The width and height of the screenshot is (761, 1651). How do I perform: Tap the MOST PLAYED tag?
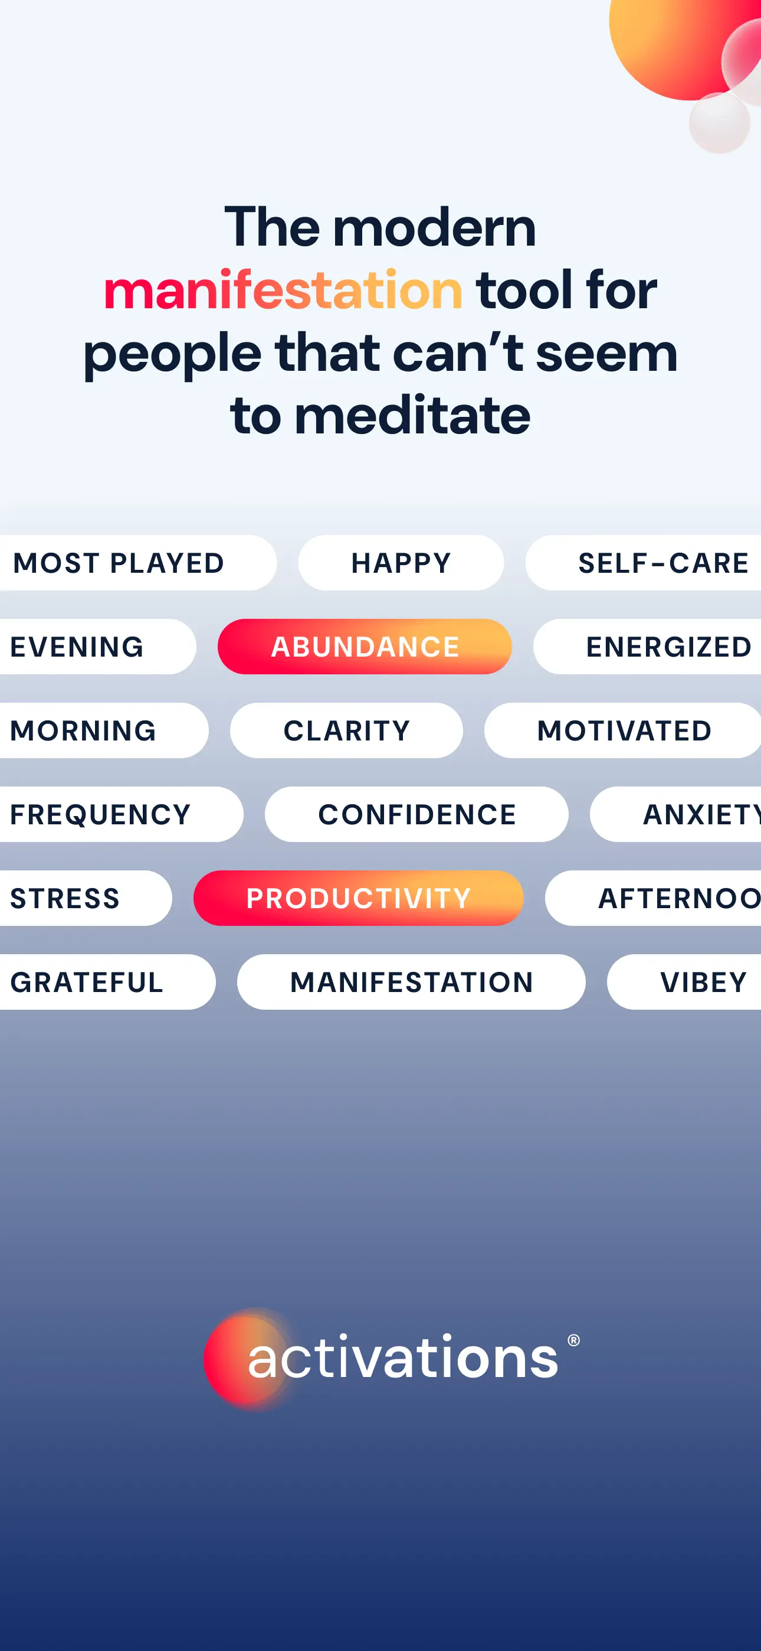tap(137, 563)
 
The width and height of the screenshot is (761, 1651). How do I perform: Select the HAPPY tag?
tap(401, 563)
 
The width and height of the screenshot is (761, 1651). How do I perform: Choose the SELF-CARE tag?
tap(644, 563)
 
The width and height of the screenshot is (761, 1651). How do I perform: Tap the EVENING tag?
tap(97, 647)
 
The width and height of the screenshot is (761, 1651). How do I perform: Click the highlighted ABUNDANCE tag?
tap(365, 647)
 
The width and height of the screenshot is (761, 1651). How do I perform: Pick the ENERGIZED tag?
tap(648, 647)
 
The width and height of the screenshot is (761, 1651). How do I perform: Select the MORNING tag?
tap(104, 730)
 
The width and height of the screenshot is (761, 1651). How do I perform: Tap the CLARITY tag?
tap(346, 730)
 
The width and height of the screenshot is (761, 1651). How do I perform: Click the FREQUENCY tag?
tap(121, 814)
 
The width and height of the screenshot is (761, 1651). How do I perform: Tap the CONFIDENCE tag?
tap(416, 814)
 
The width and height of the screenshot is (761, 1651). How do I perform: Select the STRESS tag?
tap(85, 898)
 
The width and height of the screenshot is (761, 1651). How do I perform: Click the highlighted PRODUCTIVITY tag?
tap(359, 898)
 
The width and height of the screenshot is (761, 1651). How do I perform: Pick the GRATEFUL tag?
tap(107, 982)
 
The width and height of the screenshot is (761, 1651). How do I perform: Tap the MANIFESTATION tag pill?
tap(411, 982)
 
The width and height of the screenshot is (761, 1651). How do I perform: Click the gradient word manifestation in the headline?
tap(283, 290)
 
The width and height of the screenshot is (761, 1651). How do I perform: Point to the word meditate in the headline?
tap(412, 415)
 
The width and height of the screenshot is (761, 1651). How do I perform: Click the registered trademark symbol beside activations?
tap(574, 1340)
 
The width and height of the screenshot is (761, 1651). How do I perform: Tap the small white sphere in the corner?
tap(719, 123)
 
